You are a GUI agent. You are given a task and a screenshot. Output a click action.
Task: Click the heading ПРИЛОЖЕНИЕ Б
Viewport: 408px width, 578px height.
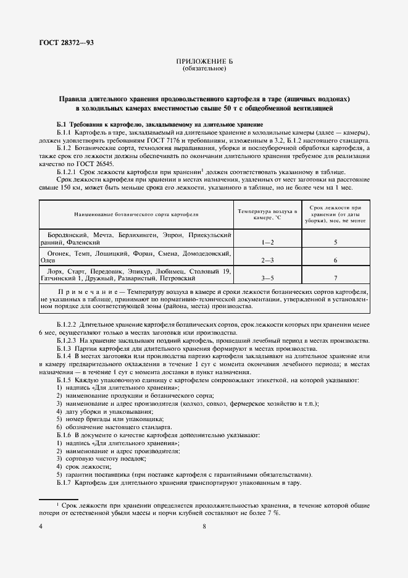point(204,62)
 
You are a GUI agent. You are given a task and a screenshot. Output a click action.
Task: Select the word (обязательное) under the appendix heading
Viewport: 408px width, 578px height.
point(204,69)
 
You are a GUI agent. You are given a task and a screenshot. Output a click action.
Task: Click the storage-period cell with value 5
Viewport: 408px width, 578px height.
point(335,243)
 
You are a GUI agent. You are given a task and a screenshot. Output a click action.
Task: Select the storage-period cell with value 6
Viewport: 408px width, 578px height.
point(335,261)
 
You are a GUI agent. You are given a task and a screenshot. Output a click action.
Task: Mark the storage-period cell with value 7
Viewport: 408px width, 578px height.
point(335,279)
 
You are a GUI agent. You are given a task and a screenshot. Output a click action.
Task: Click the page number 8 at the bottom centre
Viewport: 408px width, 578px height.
point(204,526)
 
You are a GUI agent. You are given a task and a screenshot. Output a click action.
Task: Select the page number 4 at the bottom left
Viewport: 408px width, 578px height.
point(41,526)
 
